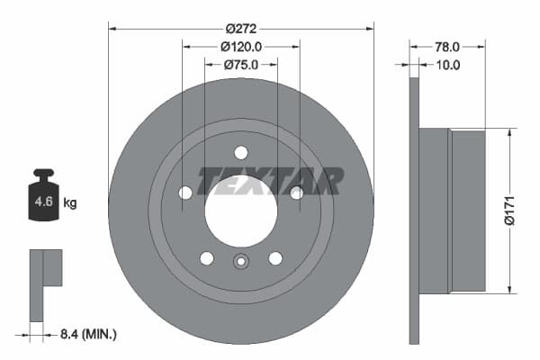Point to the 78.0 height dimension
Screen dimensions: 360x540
(x=447, y=46)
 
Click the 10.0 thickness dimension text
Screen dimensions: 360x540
(x=447, y=65)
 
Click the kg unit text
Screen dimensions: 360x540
(x=70, y=203)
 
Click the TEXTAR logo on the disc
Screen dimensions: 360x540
(x=270, y=181)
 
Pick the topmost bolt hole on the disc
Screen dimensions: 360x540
(x=240, y=152)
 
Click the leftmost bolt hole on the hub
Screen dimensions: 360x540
(x=185, y=193)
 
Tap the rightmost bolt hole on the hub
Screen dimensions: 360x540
(x=296, y=192)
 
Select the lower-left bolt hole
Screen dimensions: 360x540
(x=206, y=258)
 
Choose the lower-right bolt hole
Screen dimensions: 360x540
(x=274, y=258)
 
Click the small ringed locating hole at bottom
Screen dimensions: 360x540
(x=240, y=262)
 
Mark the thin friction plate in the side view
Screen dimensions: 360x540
(x=414, y=211)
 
